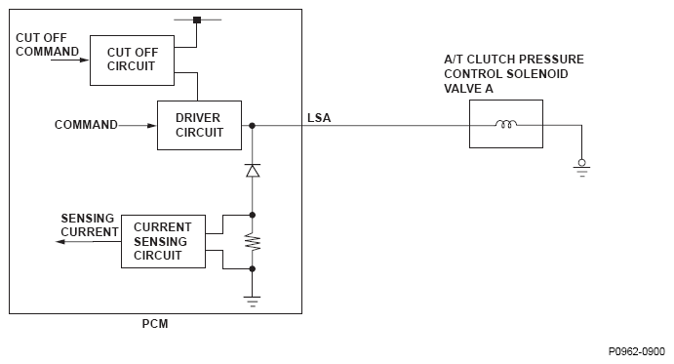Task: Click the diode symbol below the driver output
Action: coord(253,171)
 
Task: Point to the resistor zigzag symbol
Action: coord(253,242)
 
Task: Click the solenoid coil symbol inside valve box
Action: coord(506,124)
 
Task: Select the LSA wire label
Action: coord(319,118)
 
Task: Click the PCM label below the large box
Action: coord(155,324)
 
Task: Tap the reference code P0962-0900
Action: coord(637,351)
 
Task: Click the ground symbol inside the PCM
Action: coord(252,301)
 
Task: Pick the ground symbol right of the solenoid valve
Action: coord(582,169)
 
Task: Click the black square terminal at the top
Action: coord(197,20)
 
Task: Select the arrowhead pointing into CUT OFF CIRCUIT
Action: coord(84,60)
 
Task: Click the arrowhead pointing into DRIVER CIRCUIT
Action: coord(152,126)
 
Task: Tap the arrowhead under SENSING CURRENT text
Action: coord(60,242)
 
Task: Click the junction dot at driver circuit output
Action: coord(252,126)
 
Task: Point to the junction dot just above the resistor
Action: coord(253,215)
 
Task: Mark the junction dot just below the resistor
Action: coord(253,269)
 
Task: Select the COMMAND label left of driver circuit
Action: coord(86,125)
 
